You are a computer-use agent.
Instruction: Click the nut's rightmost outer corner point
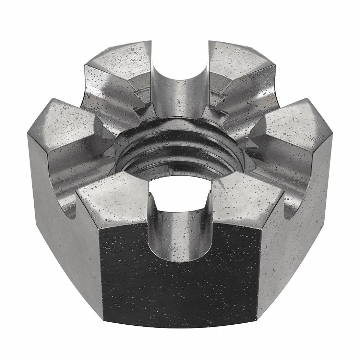(x=333, y=135)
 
